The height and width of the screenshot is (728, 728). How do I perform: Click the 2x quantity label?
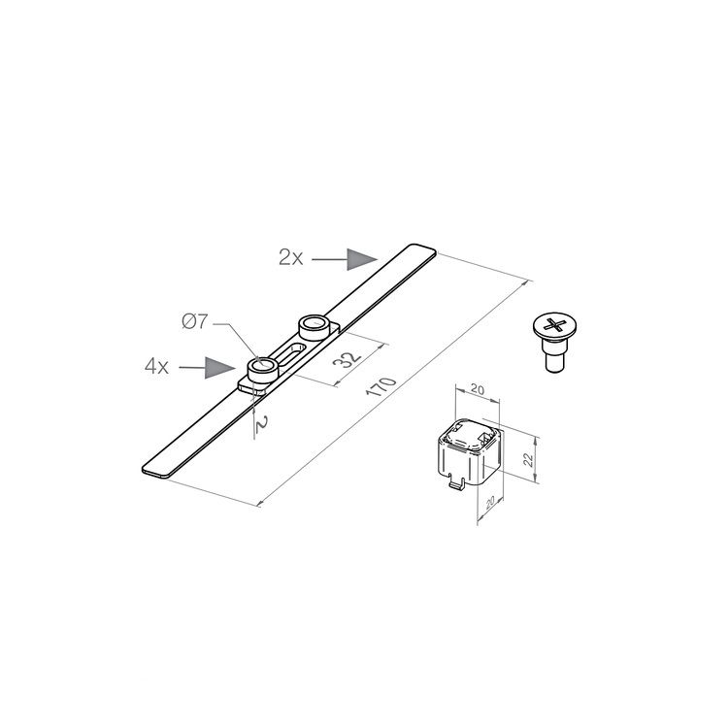point(291,257)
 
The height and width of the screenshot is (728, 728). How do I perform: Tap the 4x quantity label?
point(157,367)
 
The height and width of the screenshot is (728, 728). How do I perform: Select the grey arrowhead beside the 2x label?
point(363,258)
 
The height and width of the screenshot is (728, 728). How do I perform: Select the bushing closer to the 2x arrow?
point(313,325)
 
